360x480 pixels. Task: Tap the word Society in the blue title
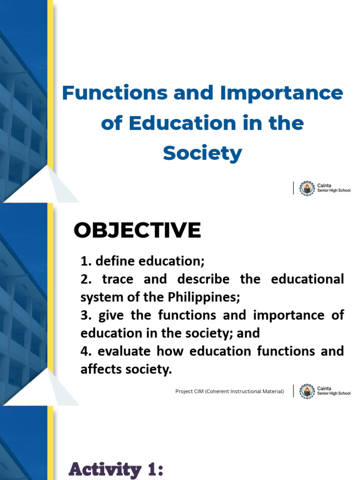[x=202, y=153]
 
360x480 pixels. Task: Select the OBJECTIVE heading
[x=137, y=230]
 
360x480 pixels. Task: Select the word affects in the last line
[x=98, y=369]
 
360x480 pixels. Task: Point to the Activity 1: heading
[x=116, y=469]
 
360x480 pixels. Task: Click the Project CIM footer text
[x=230, y=391]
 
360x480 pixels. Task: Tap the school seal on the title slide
[x=307, y=188]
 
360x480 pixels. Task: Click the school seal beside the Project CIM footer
[x=307, y=391]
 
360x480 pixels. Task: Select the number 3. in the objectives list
[x=85, y=315]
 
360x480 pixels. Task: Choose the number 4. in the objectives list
[x=85, y=351]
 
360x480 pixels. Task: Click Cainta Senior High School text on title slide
[x=334, y=188]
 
